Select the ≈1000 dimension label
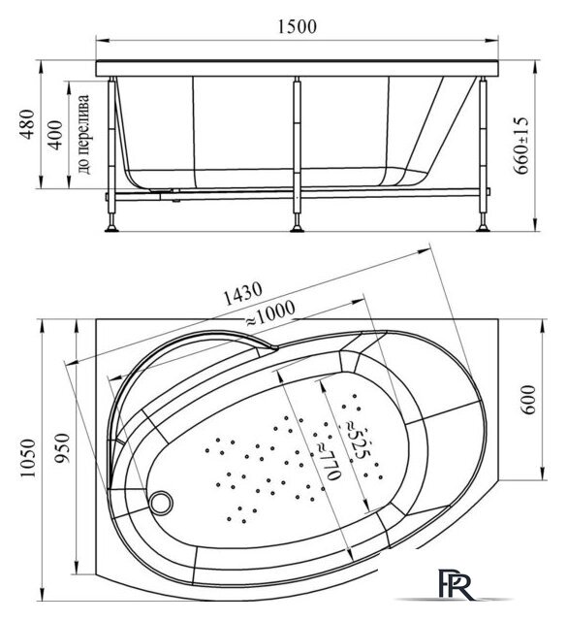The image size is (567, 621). (269, 313)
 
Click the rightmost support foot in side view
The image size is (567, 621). (482, 229)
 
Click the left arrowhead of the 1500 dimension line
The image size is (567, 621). (106, 42)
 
